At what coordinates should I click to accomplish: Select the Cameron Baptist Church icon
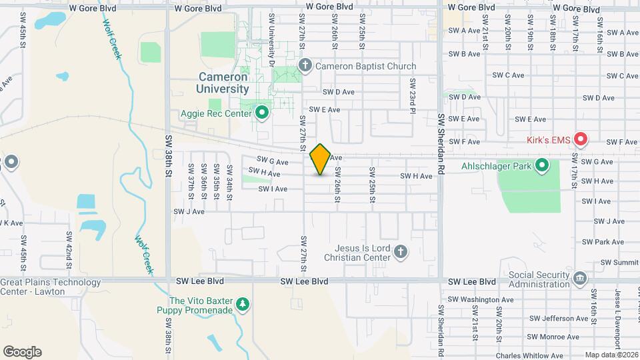[305, 65]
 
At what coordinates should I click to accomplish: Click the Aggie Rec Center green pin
[261, 113]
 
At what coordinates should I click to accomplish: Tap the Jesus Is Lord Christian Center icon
[400, 251]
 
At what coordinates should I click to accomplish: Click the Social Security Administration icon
[579, 277]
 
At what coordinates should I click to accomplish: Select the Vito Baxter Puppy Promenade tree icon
[243, 305]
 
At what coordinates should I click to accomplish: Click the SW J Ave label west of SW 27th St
[189, 211]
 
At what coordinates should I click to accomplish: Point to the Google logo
[23, 351]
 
